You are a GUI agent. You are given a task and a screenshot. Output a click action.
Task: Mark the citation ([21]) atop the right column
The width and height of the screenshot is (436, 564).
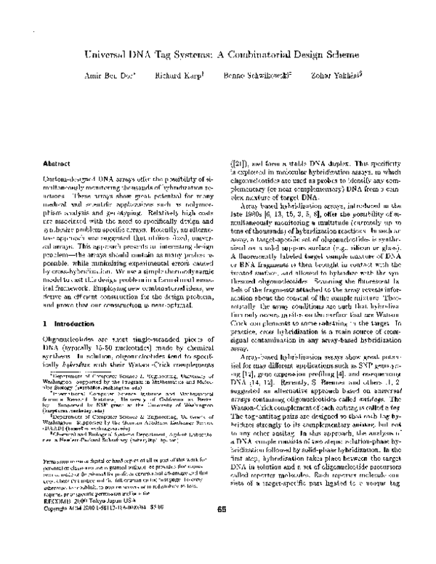pyautogui.click(x=242, y=165)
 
